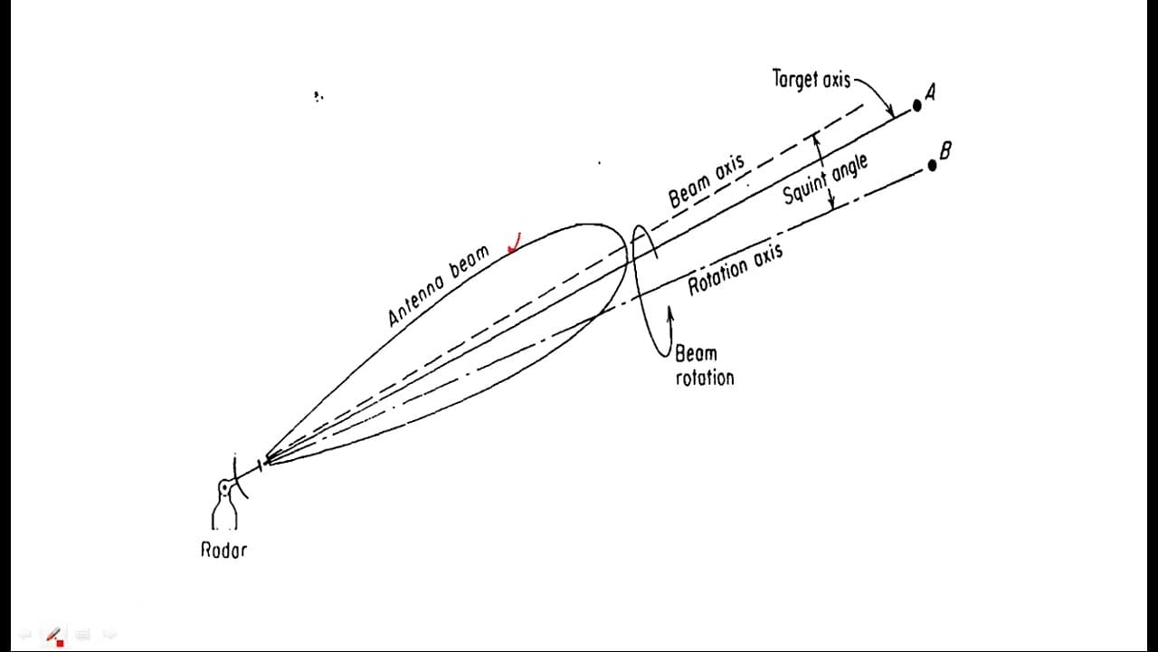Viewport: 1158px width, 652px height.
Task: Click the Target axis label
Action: click(x=812, y=79)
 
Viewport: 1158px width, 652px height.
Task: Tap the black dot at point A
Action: click(x=917, y=106)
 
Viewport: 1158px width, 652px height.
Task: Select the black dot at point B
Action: click(x=932, y=166)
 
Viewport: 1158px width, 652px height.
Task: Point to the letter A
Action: click(x=931, y=92)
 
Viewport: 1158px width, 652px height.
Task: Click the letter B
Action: click(x=945, y=150)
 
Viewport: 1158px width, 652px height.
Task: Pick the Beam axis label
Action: click(x=707, y=180)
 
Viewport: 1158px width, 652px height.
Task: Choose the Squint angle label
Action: click(x=825, y=178)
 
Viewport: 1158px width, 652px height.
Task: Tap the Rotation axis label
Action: click(x=736, y=269)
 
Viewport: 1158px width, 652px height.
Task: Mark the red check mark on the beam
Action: click(x=515, y=244)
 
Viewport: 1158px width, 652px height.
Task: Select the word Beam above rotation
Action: click(x=697, y=354)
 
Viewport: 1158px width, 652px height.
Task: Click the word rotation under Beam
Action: click(x=705, y=378)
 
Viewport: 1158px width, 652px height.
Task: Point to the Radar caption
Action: click(x=223, y=550)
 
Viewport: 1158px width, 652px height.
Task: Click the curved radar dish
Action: click(x=238, y=477)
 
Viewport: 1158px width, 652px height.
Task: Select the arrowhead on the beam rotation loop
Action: click(x=671, y=314)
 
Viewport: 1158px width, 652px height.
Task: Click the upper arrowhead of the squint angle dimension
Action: click(x=815, y=139)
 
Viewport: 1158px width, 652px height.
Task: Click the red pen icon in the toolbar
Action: click(x=54, y=635)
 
